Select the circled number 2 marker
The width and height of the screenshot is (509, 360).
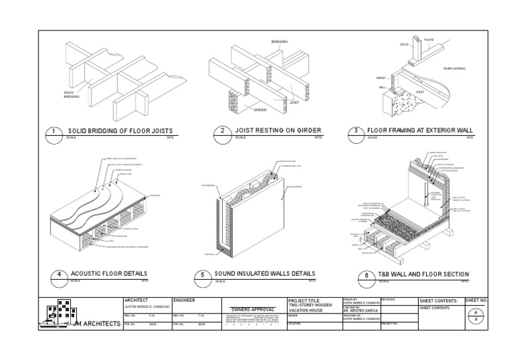coord(223,132)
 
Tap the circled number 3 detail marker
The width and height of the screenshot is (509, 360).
coord(356,131)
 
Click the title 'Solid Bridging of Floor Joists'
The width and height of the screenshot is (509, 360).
coord(117,131)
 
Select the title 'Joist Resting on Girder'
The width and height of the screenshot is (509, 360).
coord(278,131)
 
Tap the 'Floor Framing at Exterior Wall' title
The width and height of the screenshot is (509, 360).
coord(421,131)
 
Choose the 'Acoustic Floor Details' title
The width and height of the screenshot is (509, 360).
coord(109,274)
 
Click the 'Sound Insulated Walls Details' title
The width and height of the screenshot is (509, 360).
coord(265,274)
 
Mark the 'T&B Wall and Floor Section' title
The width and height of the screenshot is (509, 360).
coord(423,274)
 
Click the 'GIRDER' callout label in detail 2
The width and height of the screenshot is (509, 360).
coord(260,110)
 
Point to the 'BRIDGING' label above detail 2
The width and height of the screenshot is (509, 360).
coord(280,42)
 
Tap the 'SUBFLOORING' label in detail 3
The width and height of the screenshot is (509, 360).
coord(454,68)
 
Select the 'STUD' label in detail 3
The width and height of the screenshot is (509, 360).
coord(404,44)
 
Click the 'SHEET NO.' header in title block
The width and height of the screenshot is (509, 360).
coord(476,301)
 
